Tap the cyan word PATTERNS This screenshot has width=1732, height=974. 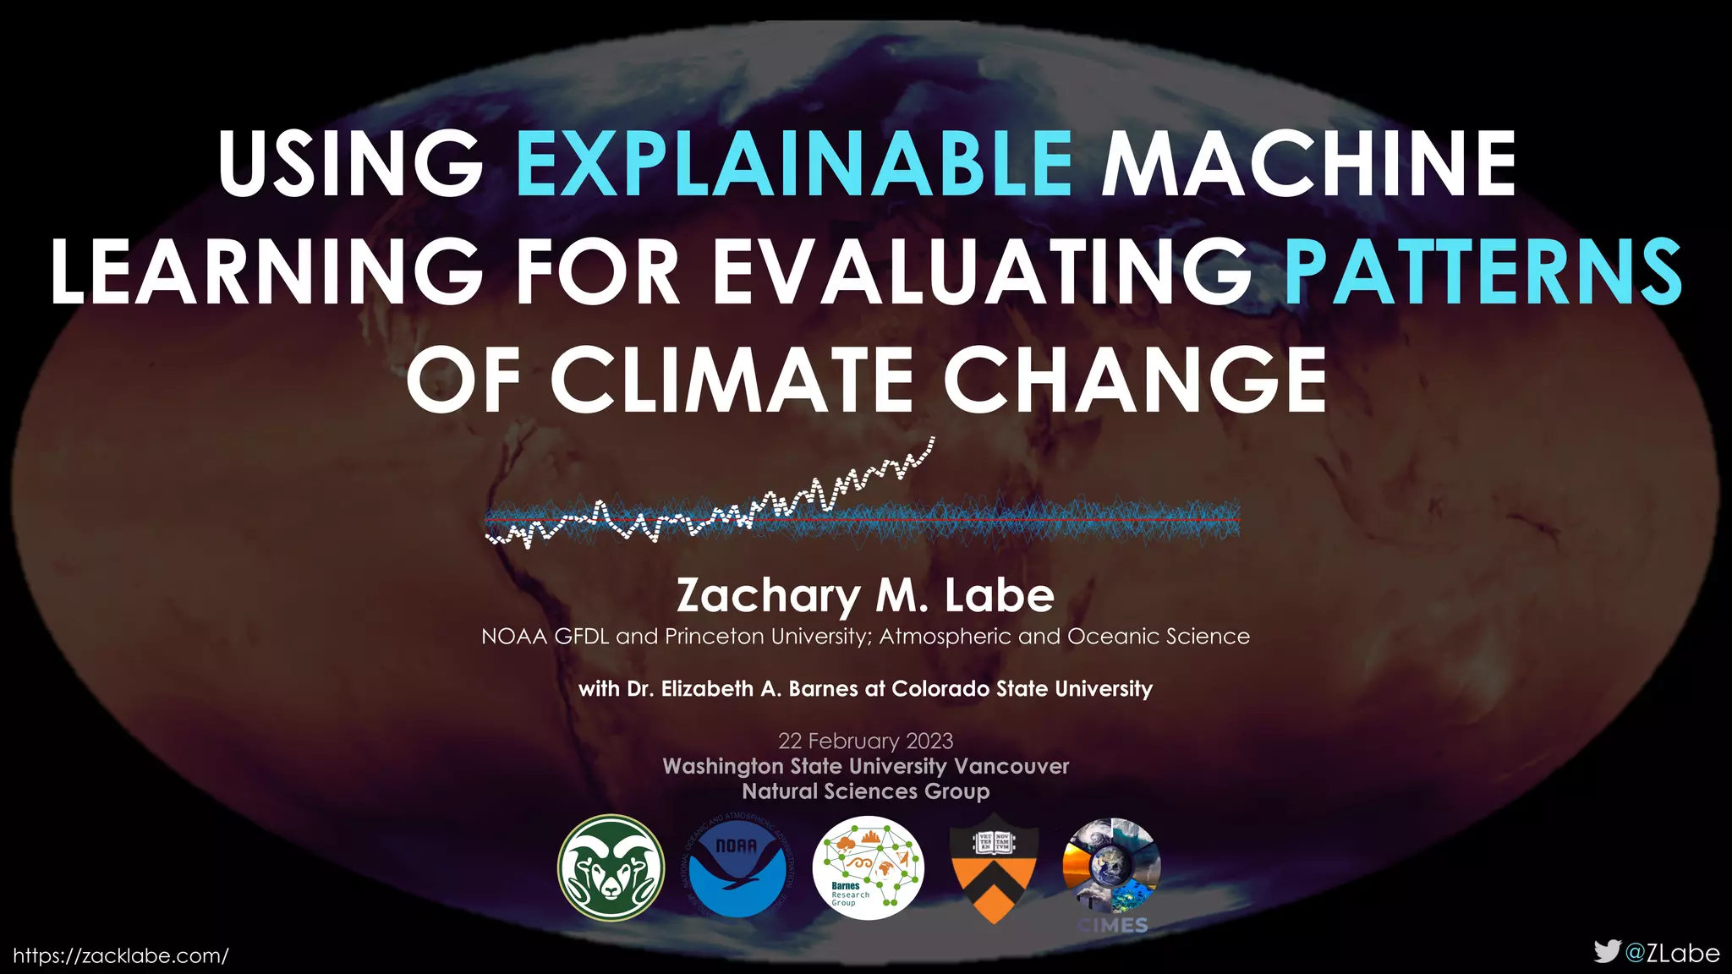(x=1483, y=271)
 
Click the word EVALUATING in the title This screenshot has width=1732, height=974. (x=981, y=271)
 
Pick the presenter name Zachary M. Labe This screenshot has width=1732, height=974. (x=865, y=595)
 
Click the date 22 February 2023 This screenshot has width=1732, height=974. (x=865, y=741)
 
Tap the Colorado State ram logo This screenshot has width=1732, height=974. (x=611, y=867)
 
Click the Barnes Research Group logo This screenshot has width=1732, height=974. (x=868, y=867)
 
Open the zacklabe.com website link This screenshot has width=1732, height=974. (x=121, y=955)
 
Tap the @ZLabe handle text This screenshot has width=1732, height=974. (x=1673, y=953)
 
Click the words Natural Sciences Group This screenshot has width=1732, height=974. (x=865, y=791)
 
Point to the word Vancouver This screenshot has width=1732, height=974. (x=1011, y=766)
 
